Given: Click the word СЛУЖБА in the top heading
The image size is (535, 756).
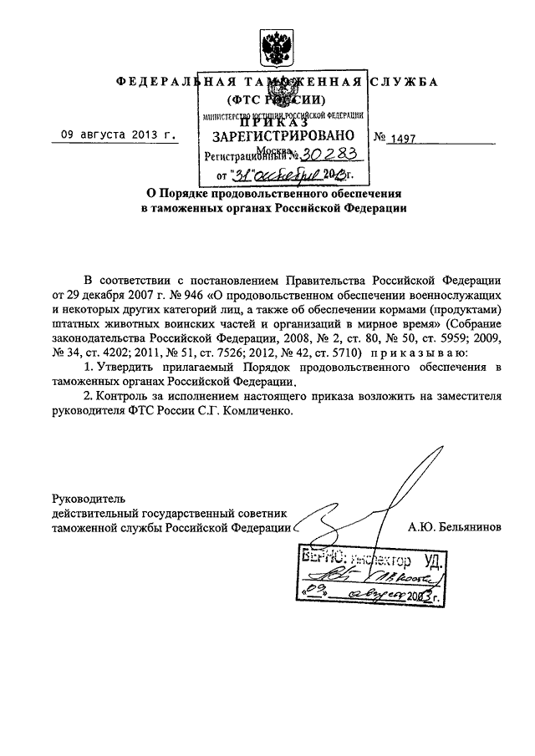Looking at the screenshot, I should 410,84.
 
